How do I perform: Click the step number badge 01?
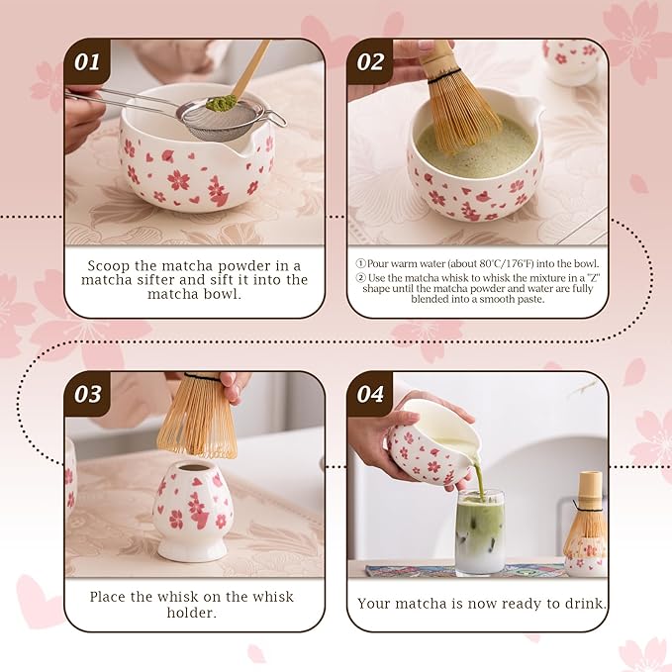click(88, 62)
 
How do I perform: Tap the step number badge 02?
click(370, 62)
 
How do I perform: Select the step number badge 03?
click(88, 394)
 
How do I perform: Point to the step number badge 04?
click(370, 394)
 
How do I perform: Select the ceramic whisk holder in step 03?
click(193, 509)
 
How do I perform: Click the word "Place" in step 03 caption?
click(111, 597)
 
